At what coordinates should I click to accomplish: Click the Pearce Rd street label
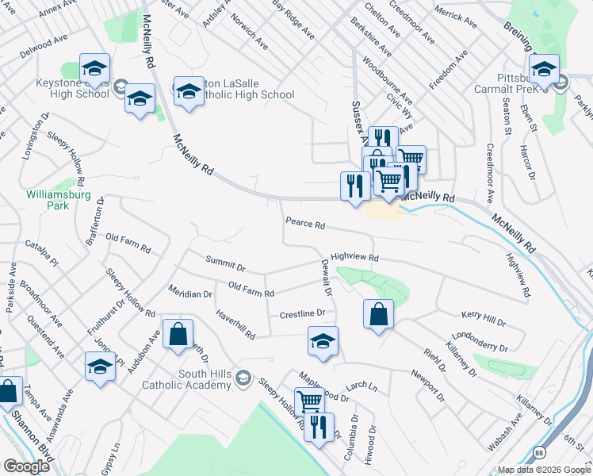coord(305,225)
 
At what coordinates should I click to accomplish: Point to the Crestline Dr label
coord(303,315)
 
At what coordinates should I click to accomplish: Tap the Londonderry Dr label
coord(476,343)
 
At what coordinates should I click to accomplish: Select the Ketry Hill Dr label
coord(483,321)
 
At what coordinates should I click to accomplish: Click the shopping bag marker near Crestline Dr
coord(378,313)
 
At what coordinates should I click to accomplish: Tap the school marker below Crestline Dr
coord(323,341)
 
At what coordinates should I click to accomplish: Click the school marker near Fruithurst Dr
coord(100,367)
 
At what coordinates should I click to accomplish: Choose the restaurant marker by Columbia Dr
coord(319,427)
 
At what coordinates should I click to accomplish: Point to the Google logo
coord(26,466)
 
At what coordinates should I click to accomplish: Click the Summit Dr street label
coord(226,261)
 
